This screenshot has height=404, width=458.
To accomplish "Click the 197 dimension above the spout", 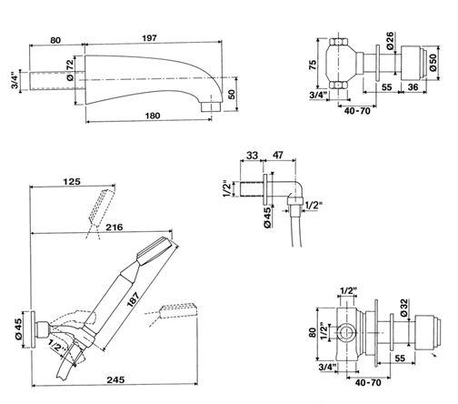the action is coord(150,38).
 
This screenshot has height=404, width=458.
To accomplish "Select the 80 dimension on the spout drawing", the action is coord(55,40).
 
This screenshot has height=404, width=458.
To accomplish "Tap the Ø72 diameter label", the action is coord(70,70).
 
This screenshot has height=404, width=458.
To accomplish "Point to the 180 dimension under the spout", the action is coord(153,116).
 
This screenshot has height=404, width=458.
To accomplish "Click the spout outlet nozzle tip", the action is coord(210,106).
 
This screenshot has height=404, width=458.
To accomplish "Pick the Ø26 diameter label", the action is coord(390,41).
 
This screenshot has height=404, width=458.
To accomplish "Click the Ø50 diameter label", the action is coord(433,63).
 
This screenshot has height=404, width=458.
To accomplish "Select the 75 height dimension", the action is coord(313,65).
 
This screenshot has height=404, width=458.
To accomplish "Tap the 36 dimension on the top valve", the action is coord(413,87).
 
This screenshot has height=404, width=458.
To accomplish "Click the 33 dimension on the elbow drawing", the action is coord(252,156).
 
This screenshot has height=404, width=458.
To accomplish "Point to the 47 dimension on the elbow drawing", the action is coord(278,155).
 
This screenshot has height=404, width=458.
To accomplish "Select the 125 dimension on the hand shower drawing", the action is coord(72,181).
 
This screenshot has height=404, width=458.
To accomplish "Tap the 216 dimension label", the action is coord(114,227).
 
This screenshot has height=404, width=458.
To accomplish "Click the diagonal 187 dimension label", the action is coord(133,299).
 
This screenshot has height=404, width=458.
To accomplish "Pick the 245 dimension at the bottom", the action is coord(115,379).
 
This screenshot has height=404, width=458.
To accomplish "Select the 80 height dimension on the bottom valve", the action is coord(313,332).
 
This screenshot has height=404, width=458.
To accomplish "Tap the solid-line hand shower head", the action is coord(157,248).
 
